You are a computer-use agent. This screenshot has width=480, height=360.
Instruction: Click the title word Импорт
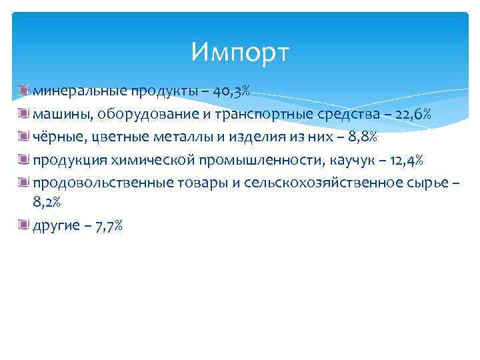tap(240, 51)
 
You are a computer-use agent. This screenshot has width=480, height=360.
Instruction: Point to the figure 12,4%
tap(405, 159)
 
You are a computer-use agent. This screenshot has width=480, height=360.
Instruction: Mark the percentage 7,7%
tap(109, 227)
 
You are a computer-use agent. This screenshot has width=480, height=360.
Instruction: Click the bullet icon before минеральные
tap(25, 89)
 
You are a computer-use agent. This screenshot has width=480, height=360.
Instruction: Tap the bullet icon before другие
tap(25, 226)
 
